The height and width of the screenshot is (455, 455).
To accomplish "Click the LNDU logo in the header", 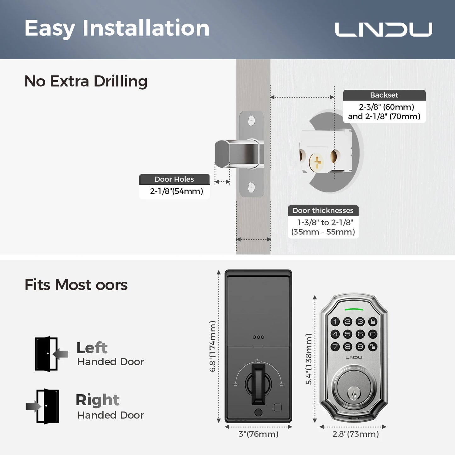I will tap(383, 29).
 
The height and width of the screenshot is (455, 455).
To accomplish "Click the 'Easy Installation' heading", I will tap(117, 28).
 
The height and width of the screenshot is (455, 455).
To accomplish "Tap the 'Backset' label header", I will tap(384, 95).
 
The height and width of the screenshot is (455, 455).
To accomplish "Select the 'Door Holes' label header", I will tap(174, 179).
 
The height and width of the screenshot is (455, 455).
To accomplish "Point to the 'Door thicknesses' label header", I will tap(323, 210).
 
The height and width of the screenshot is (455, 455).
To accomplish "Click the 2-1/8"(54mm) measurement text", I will tap(176, 191).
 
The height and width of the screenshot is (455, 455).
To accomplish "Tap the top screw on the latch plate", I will tap(251, 120).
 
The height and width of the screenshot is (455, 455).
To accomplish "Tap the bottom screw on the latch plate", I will tap(251, 187).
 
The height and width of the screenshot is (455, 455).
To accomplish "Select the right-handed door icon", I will tap(44, 406).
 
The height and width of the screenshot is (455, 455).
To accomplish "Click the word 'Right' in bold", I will tap(98, 400).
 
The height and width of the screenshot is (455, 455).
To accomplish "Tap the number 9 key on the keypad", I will tap(360, 347).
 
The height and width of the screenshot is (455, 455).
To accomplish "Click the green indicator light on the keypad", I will tap(354, 310).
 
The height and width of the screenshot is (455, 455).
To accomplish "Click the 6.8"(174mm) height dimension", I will tap(213, 346).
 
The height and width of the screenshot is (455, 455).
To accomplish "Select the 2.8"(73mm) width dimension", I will tap(355, 434).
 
